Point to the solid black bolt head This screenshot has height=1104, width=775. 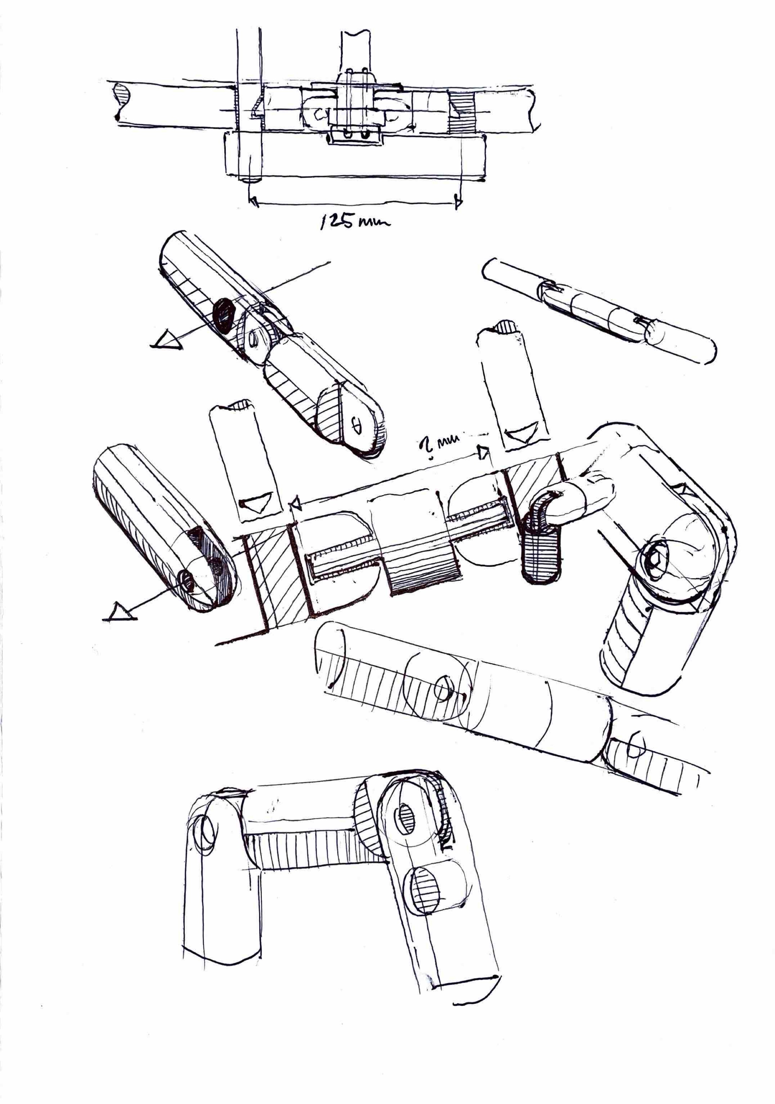pyautogui.click(x=223, y=314)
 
